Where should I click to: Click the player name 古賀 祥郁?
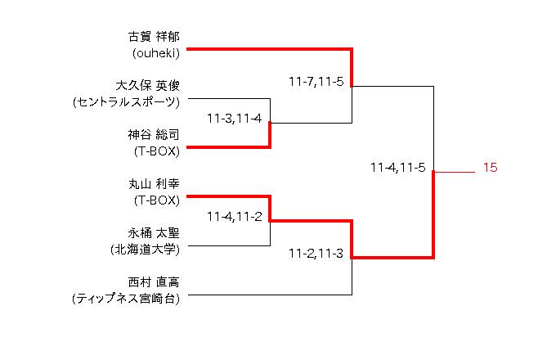[x=155, y=37]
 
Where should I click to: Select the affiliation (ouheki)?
[x=155, y=53]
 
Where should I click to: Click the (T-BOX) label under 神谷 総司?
[x=157, y=151]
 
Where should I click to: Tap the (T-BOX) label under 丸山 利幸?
[x=157, y=200]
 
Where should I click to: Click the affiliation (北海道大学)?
[x=145, y=249]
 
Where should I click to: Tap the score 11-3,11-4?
[x=234, y=119]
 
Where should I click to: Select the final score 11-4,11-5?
[x=397, y=168]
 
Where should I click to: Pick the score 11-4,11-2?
[x=234, y=217]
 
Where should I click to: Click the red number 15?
[x=490, y=168]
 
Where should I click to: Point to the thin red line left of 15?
[x=455, y=173]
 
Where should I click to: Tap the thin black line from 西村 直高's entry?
[x=270, y=295]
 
